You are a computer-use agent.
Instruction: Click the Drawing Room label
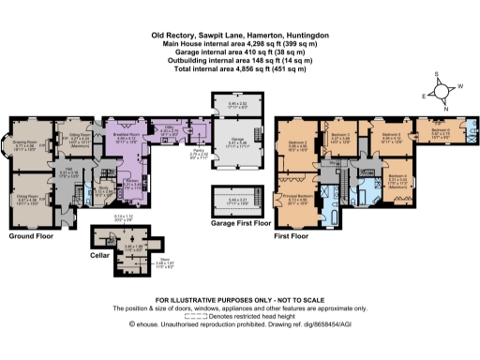pyautogui.click(x=23, y=142)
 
